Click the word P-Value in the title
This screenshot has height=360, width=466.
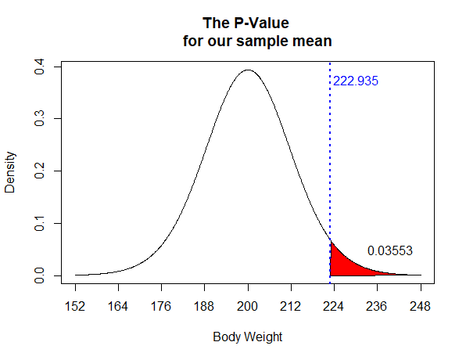[267, 23]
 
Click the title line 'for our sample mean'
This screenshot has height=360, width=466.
[248, 40]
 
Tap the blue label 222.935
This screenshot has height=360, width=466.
[356, 81]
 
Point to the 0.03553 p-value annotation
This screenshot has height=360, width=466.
[389, 250]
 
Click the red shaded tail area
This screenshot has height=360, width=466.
[342, 264]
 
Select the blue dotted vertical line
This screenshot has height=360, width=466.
[330, 157]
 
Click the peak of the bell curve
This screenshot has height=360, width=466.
[248, 70]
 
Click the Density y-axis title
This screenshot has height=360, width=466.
[11, 171]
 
